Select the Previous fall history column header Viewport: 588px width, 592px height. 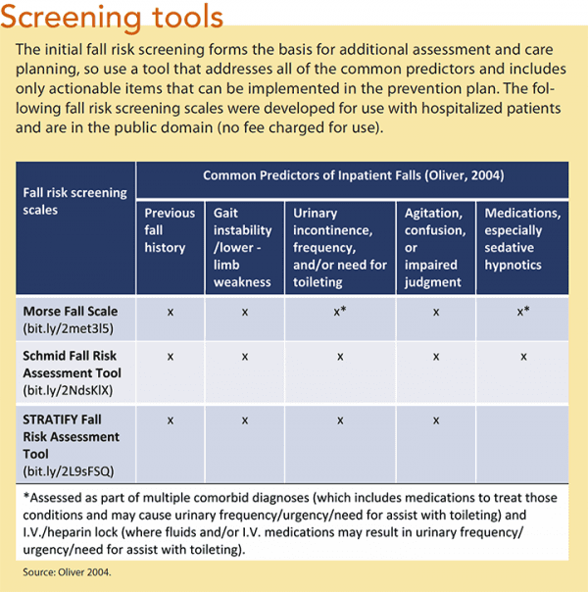(x=171, y=230)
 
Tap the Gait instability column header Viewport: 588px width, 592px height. (x=244, y=247)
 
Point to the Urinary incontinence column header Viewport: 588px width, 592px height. (x=340, y=247)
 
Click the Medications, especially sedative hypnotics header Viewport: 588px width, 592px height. (x=522, y=239)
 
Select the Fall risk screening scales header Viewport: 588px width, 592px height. (x=74, y=201)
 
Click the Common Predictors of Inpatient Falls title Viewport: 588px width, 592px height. (x=352, y=175)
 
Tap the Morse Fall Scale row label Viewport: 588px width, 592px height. (x=66, y=311)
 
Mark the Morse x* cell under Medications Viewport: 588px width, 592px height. (x=524, y=311)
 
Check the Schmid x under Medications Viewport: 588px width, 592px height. (x=523, y=357)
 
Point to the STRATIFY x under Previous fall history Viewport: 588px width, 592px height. (x=171, y=420)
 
